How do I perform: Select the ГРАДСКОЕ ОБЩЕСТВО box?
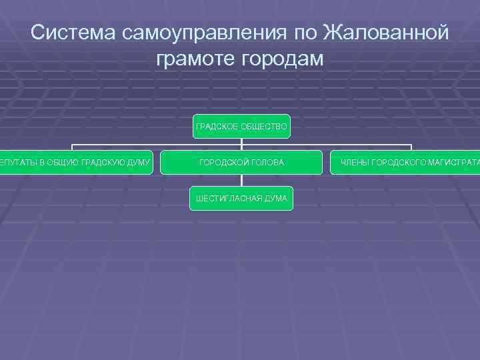pos(241,126)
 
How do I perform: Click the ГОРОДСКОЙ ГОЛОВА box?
pos(241,162)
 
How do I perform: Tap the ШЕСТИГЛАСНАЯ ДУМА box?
pos(241,198)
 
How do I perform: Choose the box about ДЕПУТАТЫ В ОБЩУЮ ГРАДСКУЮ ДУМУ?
pos(77,162)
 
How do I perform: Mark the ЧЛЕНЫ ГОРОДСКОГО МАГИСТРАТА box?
pos(405,162)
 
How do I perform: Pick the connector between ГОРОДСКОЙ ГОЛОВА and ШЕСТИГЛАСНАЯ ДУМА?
pos(241,180)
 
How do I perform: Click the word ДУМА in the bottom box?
pos(275,198)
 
